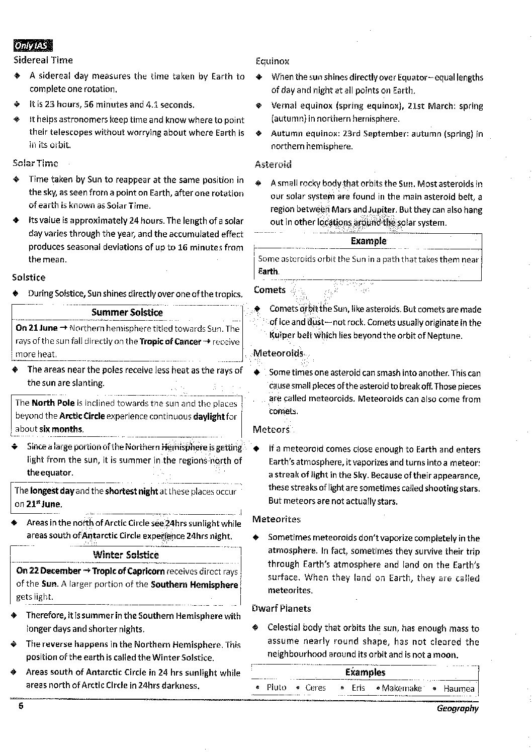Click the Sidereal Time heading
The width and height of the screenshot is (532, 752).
pos(43,60)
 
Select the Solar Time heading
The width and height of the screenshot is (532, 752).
pos(35,163)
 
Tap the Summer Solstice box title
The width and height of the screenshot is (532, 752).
pos(127,312)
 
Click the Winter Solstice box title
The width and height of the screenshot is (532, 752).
pos(126,555)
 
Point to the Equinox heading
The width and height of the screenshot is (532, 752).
pos(272,61)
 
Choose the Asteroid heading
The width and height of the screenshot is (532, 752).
pos(273,164)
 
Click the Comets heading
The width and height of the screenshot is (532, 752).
pos(270,290)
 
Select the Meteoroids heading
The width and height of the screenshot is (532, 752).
pos(278,353)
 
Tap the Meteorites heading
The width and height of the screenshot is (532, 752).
pos(276,519)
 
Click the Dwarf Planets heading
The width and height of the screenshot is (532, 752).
pos(281,608)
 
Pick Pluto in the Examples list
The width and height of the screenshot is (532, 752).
pos(276,688)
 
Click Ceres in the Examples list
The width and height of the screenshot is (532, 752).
pos(315,688)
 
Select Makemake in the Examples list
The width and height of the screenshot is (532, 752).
pos(401,688)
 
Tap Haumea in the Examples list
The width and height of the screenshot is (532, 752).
pos(459,688)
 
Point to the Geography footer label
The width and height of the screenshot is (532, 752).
pos(458,708)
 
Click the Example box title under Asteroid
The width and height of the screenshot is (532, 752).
pos(368,241)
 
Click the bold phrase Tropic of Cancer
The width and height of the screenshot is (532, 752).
pos(170,342)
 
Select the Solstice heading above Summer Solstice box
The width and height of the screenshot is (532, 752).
pos(29,277)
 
